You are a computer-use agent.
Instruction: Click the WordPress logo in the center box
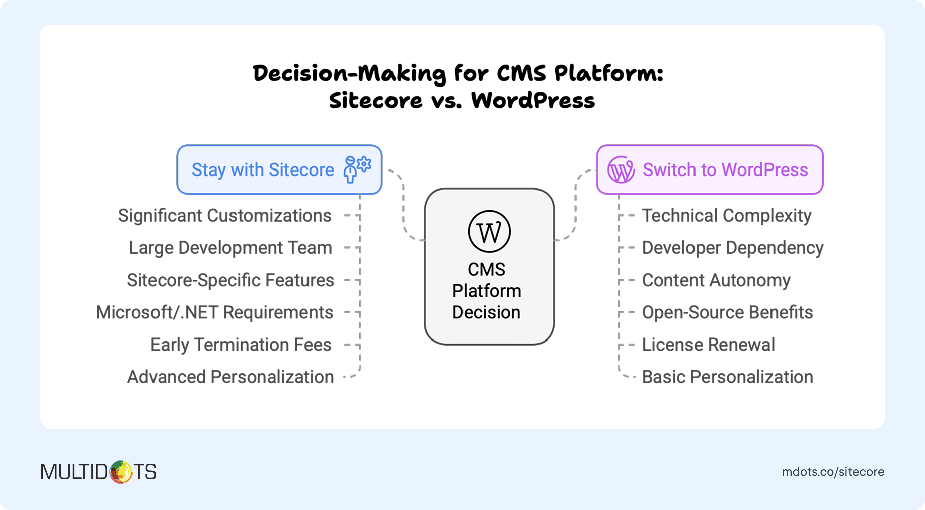coord(489,231)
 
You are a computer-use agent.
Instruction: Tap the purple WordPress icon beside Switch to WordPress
coord(621,170)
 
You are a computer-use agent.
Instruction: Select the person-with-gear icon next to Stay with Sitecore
coord(357,169)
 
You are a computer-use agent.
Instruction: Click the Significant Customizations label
coord(224,216)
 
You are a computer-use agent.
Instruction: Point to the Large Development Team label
coord(230,248)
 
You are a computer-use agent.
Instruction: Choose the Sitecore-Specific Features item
coord(230,280)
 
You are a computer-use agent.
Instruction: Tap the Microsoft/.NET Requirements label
coord(214,312)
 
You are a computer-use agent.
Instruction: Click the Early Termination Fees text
coord(241,345)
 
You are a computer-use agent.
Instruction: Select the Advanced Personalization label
coord(230,377)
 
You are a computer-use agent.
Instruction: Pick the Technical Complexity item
coord(727,216)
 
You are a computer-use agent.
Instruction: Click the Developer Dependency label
coord(733,248)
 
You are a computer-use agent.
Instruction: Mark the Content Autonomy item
coord(716,280)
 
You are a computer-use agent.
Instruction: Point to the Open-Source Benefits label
coord(727,312)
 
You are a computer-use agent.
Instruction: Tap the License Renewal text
coord(708,345)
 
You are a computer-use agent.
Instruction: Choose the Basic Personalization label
coord(727,377)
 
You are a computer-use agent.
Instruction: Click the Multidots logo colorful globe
coord(121,472)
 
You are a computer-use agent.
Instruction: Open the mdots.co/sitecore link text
coord(833,472)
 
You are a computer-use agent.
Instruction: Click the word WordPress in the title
coord(533,100)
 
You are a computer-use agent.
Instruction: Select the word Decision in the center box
coord(486,312)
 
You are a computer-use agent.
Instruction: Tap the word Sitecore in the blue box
coord(301,170)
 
